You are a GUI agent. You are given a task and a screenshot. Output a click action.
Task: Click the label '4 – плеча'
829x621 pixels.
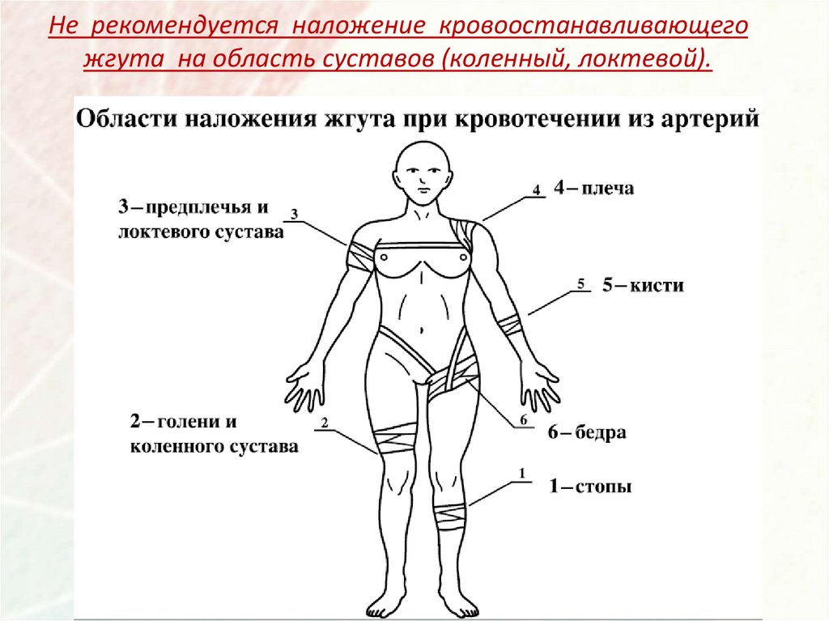coord(593,189)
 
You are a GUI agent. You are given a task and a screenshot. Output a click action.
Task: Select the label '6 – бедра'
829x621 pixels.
coord(587,432)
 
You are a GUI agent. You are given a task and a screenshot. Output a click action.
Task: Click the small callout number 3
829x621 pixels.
coord(295,214)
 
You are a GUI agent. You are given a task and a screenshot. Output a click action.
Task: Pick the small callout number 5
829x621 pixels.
coord(580,283)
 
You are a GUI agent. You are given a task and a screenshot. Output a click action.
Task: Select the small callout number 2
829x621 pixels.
coord(324,423)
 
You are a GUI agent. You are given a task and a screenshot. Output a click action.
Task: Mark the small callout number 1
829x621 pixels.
coord(522,472)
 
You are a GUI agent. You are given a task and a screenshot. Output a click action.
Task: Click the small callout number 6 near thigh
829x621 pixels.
coord(523,419)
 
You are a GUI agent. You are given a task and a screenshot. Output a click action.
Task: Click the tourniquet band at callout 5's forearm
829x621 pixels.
coord(510,325)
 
